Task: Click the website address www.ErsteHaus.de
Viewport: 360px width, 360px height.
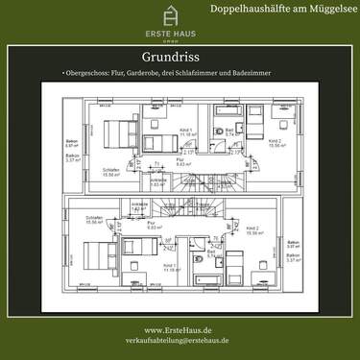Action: coord(179,329)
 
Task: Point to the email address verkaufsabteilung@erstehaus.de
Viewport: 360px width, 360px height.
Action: coord(179,341)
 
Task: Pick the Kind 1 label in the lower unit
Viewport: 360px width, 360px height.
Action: coord(170,266)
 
